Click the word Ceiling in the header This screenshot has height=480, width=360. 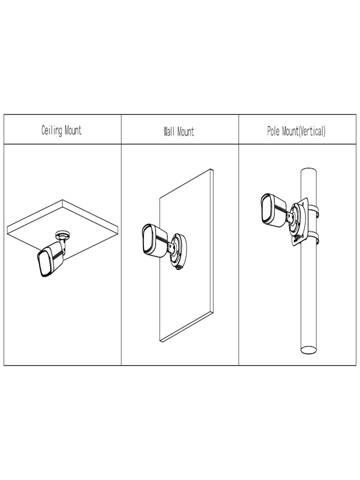coord(52,130)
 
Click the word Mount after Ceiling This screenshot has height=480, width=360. coord(73,130)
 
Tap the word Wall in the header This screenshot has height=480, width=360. coord(169,131)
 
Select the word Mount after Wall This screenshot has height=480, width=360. coord(186,131)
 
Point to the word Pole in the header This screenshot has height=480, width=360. coord(273,131)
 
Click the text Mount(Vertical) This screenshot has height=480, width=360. coord(303,131)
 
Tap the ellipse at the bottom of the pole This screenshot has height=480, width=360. coord(308,349)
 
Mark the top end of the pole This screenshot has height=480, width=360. coord(308,172)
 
